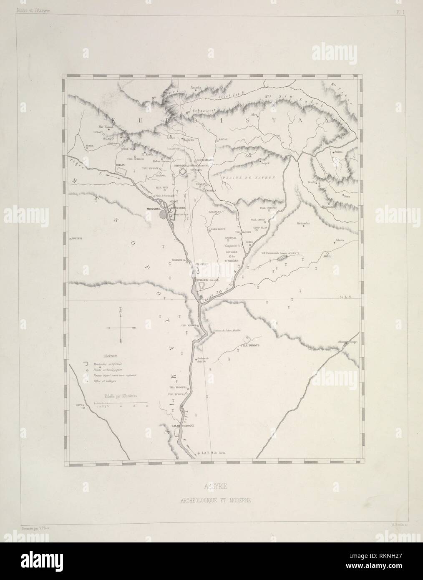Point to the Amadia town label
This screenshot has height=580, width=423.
[x=196, y=88]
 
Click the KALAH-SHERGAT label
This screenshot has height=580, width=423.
[x=178, y=427]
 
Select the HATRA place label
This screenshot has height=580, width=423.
[x=80, y=405]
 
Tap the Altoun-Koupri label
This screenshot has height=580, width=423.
[x=345, y=342]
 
